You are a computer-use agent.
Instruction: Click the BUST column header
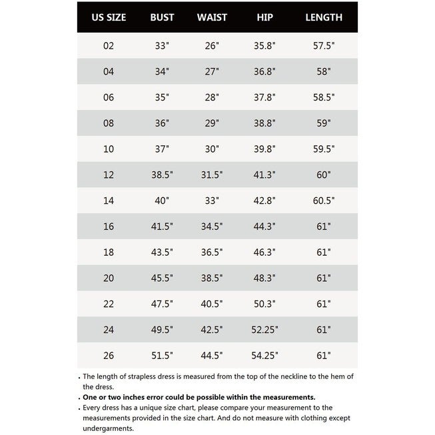(163, 17)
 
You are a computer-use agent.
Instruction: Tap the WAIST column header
(213, 17)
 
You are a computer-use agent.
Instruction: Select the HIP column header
(264, 17)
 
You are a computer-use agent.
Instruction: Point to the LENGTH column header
(324, 17)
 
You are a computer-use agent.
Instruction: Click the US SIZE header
(109, 17)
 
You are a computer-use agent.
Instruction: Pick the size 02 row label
(109, 46)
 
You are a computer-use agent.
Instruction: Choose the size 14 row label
(109, 201)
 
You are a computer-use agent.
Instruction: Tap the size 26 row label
(109, 355)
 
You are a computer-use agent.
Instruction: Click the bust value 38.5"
(163, 175)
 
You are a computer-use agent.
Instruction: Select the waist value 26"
(213, 46)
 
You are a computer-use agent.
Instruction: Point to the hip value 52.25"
(264, 330)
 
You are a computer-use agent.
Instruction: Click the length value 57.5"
(324, 46)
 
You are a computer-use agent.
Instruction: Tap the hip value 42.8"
(264, 201)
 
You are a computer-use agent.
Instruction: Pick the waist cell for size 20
(213, 278)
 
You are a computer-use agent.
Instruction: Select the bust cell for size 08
(163, 123)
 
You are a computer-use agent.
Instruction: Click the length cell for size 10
(324, 149)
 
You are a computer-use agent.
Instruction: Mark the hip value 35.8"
(264, 46)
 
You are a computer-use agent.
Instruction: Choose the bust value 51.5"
(163, 355)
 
